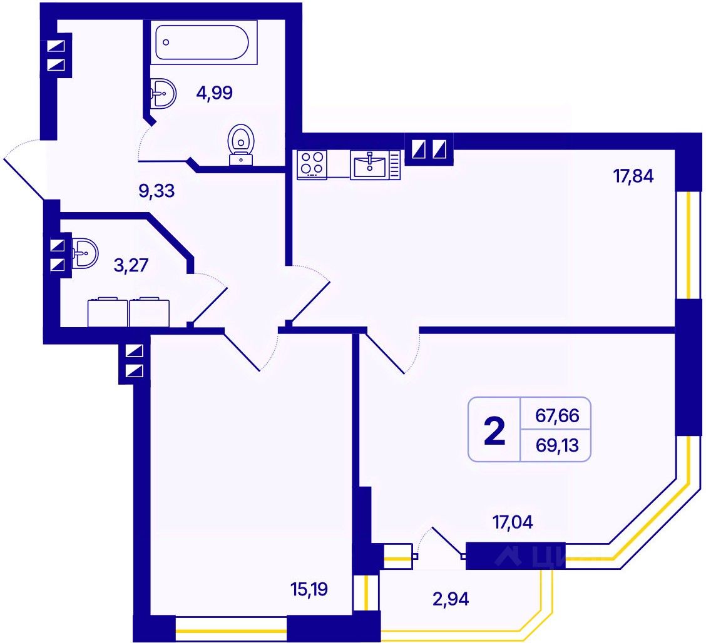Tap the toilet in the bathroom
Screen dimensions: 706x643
(242, 144)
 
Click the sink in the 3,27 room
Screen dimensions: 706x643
(85, 253)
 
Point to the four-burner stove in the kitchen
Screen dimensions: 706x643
(312, 163)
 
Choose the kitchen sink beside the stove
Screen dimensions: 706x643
(371, 165)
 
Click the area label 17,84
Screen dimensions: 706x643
(633, 176)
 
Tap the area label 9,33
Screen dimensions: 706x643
(156, 191)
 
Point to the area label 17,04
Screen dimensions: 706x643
(513, 522)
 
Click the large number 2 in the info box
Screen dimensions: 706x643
(494, 432)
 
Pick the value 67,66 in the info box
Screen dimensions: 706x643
(557, 415)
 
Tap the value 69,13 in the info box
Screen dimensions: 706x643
(557, 447)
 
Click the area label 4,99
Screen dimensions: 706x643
(214, 93)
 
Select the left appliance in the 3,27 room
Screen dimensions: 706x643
(108, 312)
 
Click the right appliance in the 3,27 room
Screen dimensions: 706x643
(149, 312)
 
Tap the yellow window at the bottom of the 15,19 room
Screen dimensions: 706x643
(232, 628)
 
